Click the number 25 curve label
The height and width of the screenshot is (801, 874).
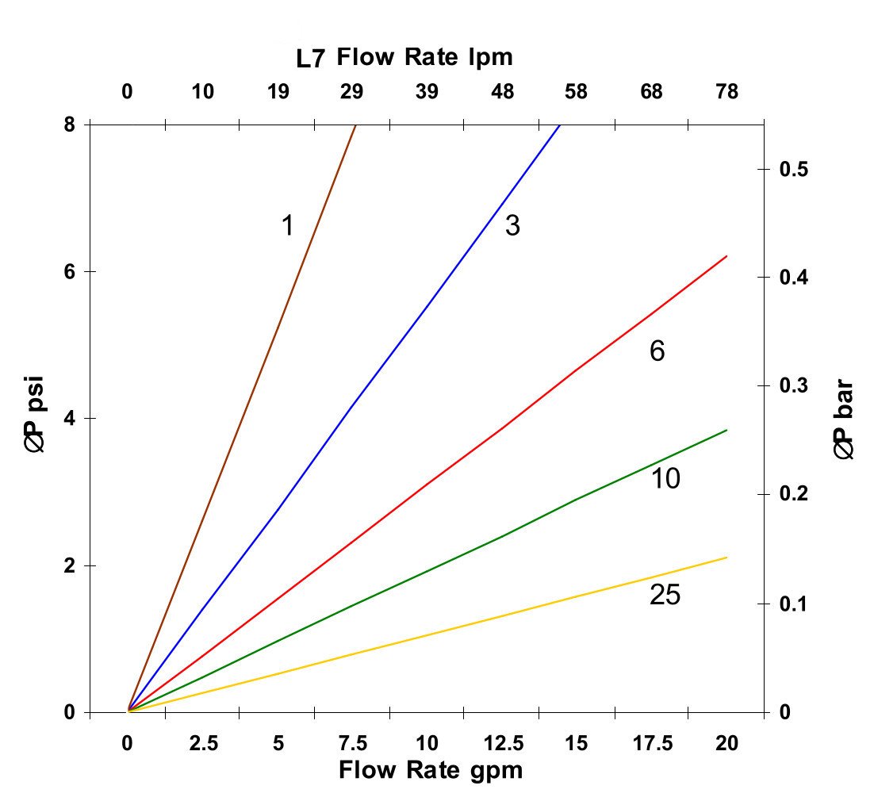pyautogui.click(x=665, y=596)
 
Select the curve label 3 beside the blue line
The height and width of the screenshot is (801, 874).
pyautogui.click(x=512, y=227)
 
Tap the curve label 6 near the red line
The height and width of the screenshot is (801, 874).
pyautogui.click(x=657, y=351)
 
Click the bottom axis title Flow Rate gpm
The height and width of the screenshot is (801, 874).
pyautogui.click(x=431, y=770)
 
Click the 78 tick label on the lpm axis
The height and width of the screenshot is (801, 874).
pyautogui.click(x=726, y=92)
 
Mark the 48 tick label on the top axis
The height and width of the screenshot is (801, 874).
pyautogui.click(x=502, y=92)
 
